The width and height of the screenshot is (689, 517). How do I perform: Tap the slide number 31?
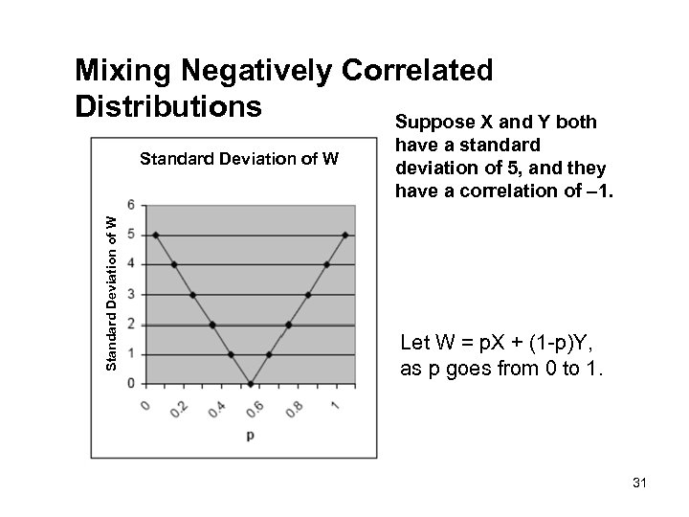pos(640,484)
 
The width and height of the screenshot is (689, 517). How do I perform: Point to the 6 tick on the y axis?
pos(144,204)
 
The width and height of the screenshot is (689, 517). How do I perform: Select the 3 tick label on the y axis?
pos(144,294)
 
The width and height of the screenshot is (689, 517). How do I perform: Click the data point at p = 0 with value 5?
pos(155,235)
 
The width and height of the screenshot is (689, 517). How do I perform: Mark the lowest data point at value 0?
pos(251,384)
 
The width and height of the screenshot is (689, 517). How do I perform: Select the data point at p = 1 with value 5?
pos(345,235)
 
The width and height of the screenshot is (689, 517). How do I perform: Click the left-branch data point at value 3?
pos(193,295)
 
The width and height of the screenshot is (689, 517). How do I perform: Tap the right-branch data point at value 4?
pos(326,264)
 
